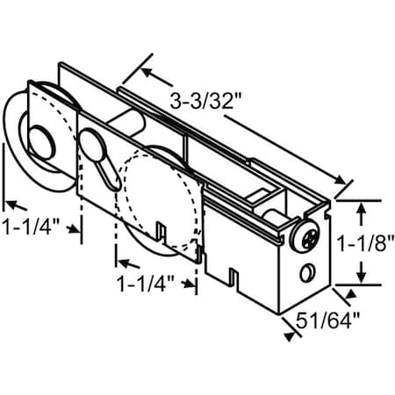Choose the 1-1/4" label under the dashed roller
coord(146,284)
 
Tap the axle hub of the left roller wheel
coord(42,140)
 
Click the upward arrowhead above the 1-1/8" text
coord(361,206)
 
